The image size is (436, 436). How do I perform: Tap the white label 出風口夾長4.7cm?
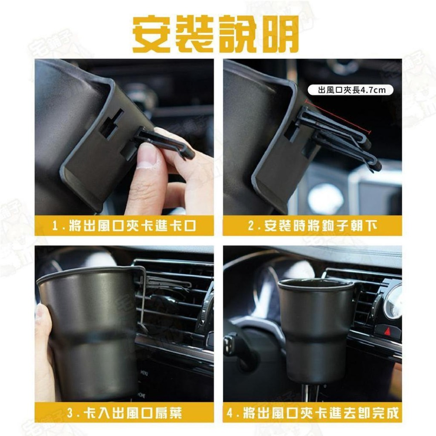349,91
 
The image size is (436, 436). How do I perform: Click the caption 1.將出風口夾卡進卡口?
124,227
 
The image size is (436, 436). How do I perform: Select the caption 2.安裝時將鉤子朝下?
312,227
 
